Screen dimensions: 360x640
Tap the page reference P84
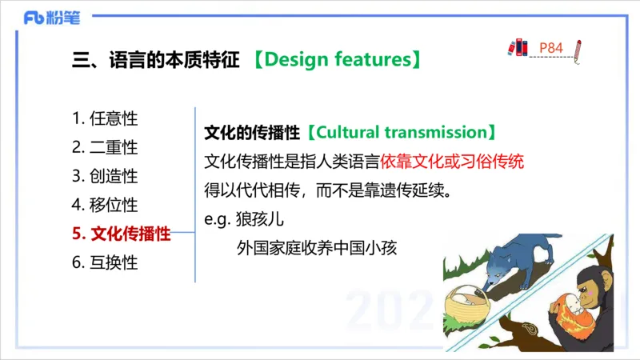click(x=551, y=48)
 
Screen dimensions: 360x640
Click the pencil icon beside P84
click(x=578, y=50)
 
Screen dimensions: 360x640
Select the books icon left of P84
click(x=518, y=48)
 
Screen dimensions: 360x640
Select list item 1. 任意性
click(x=105, y=118)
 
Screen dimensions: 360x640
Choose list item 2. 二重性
click(x=105, y=147)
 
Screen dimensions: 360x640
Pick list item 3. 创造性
click(x=105, y=176)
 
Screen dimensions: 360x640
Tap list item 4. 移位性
click(x=105, y=205)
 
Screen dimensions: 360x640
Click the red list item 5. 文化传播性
click(x=121, y=234)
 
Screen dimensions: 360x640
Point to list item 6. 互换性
click(x=105, y=262)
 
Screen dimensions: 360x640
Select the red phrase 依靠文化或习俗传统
click(x=453, y=161)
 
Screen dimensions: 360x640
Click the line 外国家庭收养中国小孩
click(x=317, y=248)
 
